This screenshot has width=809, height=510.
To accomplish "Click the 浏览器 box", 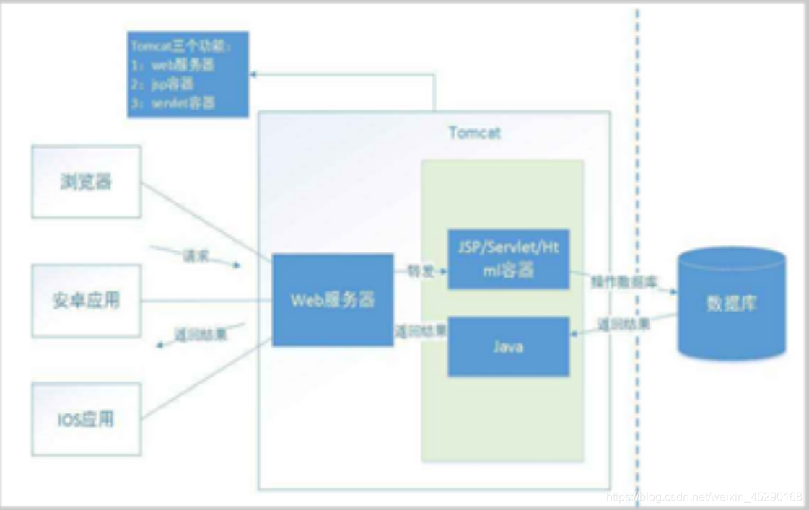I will coord(86,182).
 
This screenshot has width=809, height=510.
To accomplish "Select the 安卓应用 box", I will coord(86,300).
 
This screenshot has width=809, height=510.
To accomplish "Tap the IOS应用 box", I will coord(86,419).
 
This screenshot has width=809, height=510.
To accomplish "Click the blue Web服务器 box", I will coord(333,300).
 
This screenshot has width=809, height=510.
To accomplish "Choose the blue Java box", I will coord(508,346).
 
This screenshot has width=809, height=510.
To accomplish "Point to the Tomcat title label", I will coord(474,133).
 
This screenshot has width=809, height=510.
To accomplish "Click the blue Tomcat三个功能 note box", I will coord(187,74).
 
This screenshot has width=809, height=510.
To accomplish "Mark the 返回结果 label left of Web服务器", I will coord(201,335).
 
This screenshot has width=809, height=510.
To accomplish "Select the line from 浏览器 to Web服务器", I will coord(206,221).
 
